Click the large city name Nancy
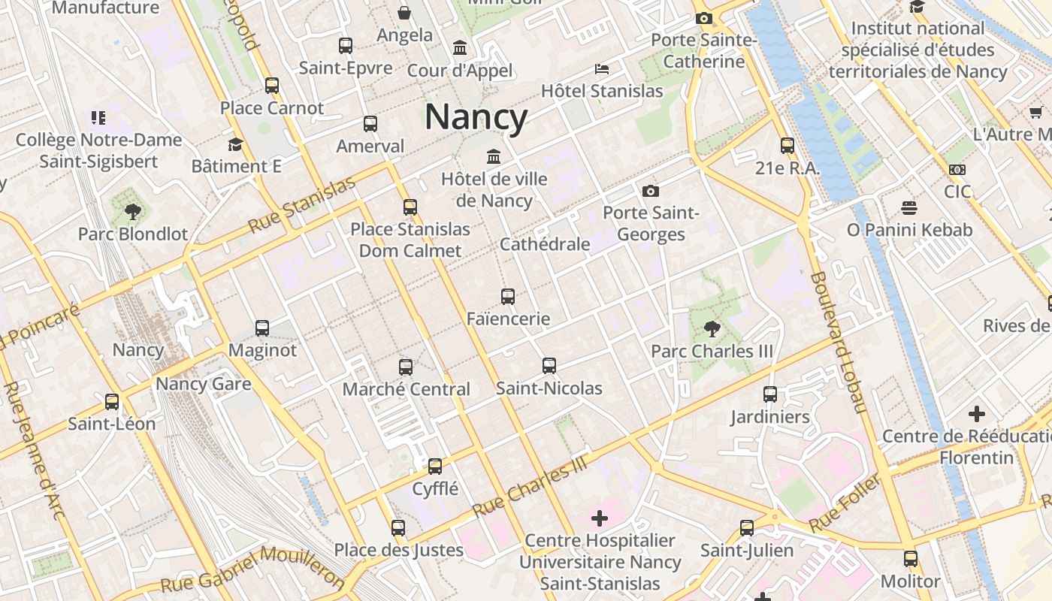(x=476, y=117)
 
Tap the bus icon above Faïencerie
(x=508, y=297)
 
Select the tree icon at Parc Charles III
(x=711, y=328)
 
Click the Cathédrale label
(x=545, y=244)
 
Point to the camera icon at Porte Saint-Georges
(x=651, y=191)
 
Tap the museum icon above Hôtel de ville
(x=494, y=157)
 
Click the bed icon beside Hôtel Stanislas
(x=602, y=69)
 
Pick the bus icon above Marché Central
(x=406, y=367)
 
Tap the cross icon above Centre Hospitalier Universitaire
(x=600, y=518)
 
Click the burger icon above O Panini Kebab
(x=909, y=207)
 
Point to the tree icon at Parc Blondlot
(x=133, y=212)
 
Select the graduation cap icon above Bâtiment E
(x=236, y=144)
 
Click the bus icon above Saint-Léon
(x=112, y=402)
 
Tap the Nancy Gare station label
(x=203, y=385)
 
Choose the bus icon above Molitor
(x=911, y=559)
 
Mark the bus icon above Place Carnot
(x=272, y=86)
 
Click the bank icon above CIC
(x=957, y=170)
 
